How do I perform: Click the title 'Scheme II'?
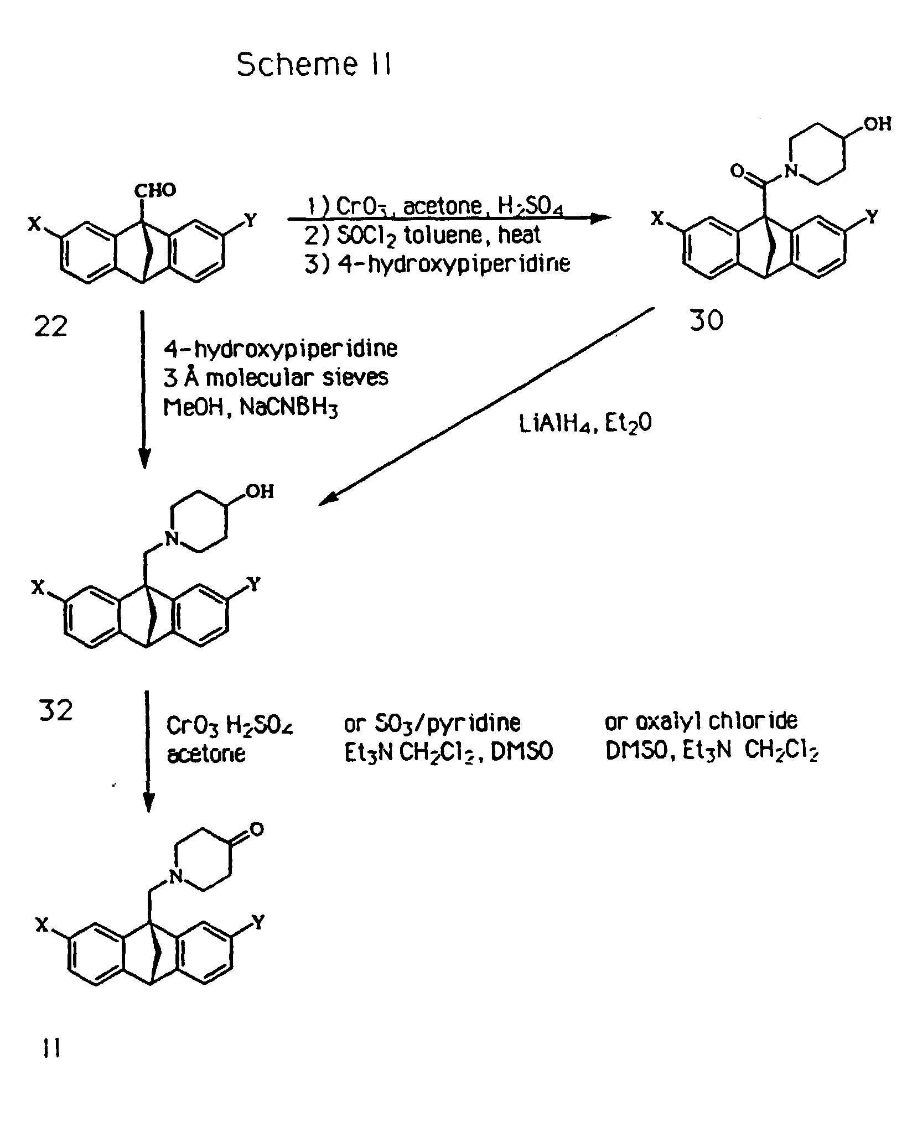coord(314,65)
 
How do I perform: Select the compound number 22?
coord(50,326)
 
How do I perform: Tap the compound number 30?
coord(706,320)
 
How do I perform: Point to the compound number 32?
coord(56,710)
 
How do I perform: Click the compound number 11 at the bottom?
coord(51,1048)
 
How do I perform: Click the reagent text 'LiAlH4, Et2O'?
coord(585,424)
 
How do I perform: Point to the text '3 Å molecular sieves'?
coord(276,378)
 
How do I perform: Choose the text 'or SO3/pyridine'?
coord(432,723)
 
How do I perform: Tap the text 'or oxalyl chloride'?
coord(701,721)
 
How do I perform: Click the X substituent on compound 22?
coord(35,224)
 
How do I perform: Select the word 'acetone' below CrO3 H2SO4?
coord(206,754)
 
